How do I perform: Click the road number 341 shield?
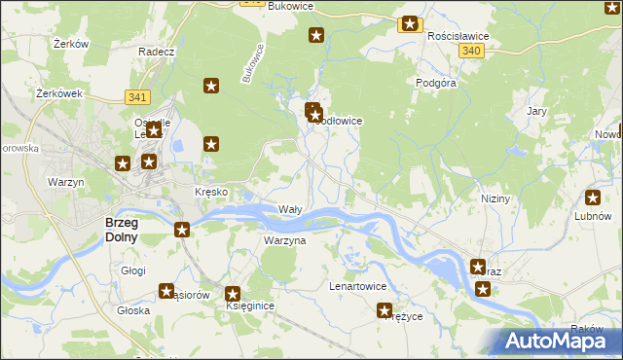[x=137, y=96]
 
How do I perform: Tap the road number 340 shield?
[x=472, y=51]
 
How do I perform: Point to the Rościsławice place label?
[x=458, y=35]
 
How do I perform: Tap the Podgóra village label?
[x=436, y=84]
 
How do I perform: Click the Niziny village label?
[x=495, y=198]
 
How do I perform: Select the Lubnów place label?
[x=592, y=216]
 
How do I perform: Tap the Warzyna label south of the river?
[x=285, y=239]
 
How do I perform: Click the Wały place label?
[x=290, y=209]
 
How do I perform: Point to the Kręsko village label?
[x=211, y=192]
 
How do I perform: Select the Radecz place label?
[x=156, y=52]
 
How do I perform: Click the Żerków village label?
[x=72, y=44]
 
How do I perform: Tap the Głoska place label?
[x=133, y=310]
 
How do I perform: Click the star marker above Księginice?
[x=234, y=293]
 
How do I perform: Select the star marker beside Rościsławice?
[x=410, y=24]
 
